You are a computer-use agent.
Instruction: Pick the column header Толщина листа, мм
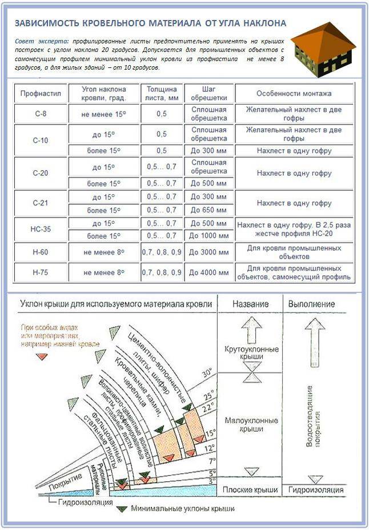(x=162, y=94)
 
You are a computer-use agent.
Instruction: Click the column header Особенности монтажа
(x=294, y=94)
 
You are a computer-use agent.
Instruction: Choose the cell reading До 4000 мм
(x=209, y=272)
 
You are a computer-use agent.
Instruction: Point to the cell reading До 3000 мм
(x=209, y=251)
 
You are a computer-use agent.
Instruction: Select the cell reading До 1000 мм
(x=209, y=236)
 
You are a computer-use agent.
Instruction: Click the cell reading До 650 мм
(x=209, y=210)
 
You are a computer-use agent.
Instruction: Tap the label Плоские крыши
(x=251, y=490)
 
